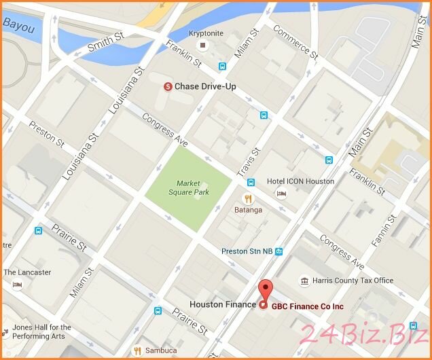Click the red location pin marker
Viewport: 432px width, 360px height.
click(x=266, y=290)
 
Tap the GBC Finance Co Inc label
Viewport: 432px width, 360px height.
click(x=307, y=306)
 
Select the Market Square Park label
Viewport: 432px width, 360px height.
click(x=193, y=187)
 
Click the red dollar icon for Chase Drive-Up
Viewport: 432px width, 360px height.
click(x=168, y=86)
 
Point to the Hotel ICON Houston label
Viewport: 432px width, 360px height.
click(x=300, y=181)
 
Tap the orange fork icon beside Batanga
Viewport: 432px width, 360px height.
click(x=248, y=198)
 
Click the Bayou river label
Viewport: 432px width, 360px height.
click(x=18, y=24)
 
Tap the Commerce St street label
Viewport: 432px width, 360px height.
click(x=295, y=40)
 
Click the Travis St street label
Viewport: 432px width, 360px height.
click(x=249, y=162)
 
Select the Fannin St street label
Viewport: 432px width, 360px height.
click(x=384, y=231)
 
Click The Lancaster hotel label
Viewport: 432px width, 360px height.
click(x=27, y=272)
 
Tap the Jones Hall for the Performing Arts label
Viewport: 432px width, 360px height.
click(x=41, y=331)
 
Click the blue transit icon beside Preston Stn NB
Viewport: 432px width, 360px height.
click(x=278, y=251)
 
